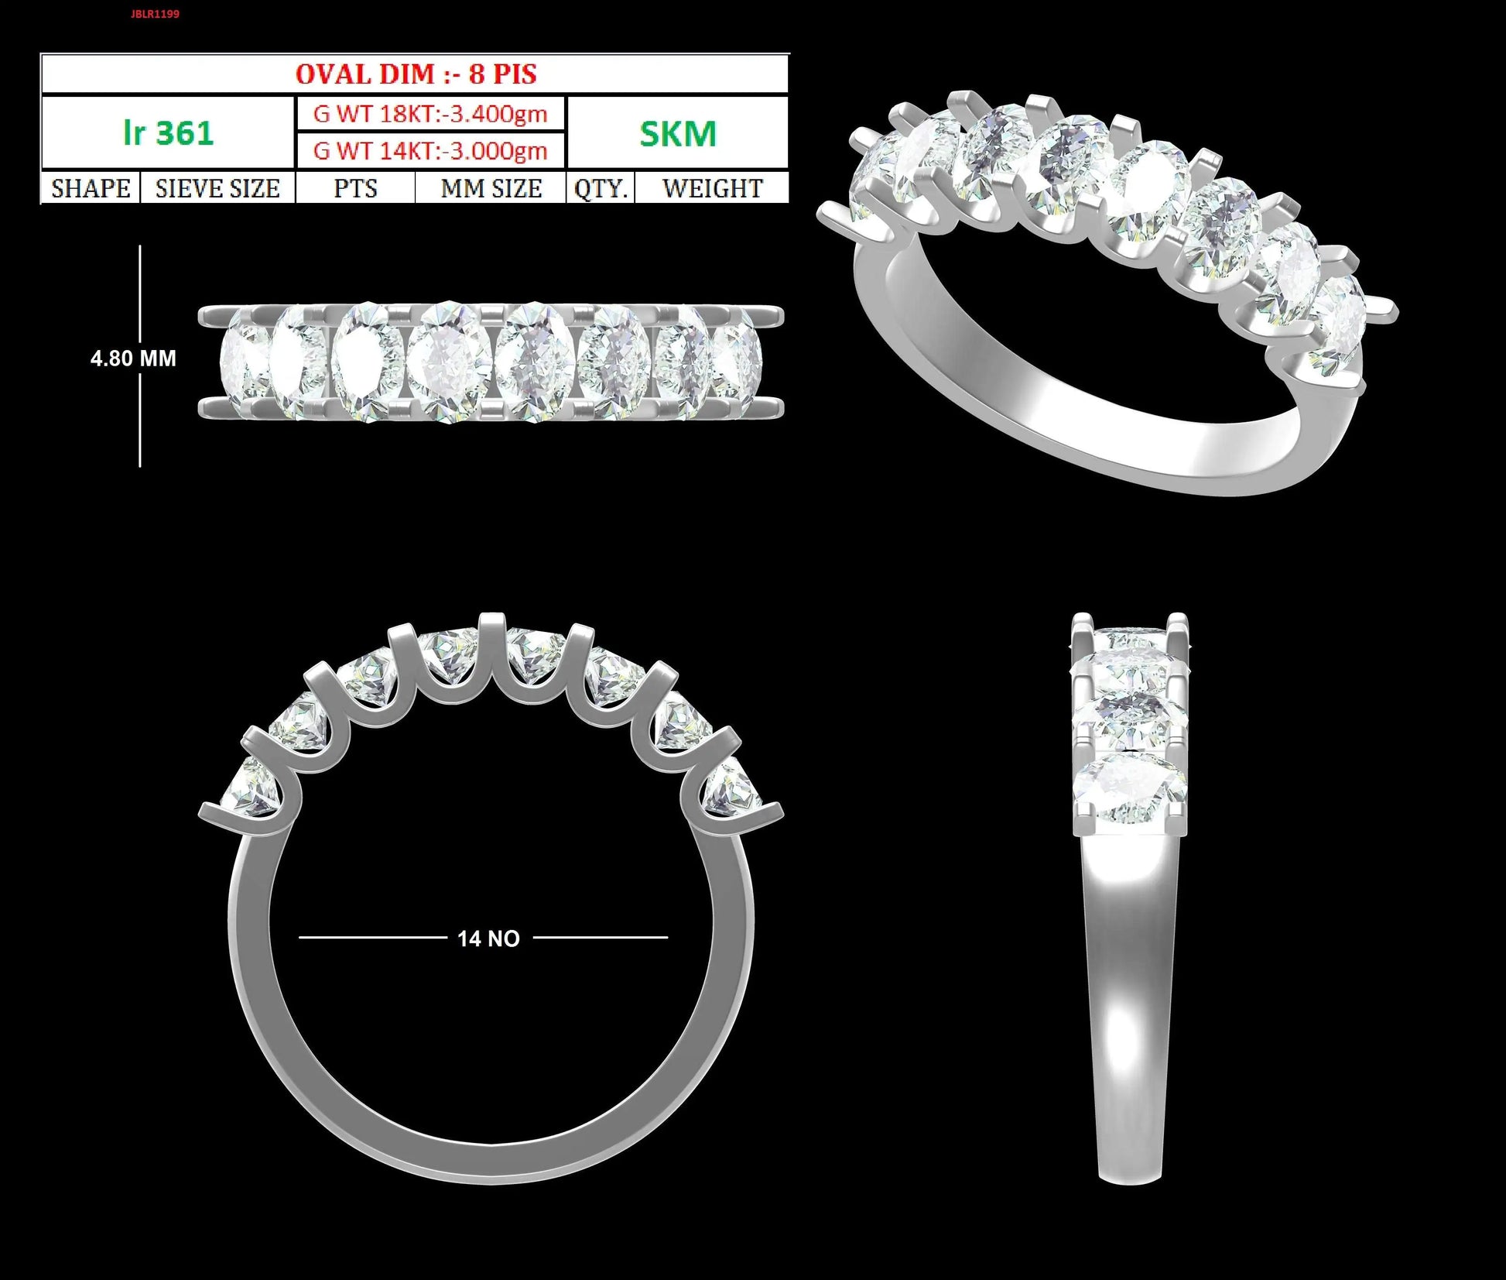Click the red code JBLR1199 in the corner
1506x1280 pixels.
click(x=155, y=14)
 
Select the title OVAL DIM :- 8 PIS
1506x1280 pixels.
click(x=416, y=74)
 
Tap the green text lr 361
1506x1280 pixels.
click(x=168, y=133)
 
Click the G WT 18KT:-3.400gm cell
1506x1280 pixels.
click(x=430, y=115)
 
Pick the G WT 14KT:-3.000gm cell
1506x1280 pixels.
click(x=430, y=150)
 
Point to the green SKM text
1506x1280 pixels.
click(x=678, y=134)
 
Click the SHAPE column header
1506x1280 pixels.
click(x=91, y=188)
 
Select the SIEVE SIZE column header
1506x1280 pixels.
click(x=217, y=188)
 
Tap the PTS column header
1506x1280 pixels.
click(x=355, y=188)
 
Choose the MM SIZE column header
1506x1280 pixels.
click(x=491, y=188)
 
